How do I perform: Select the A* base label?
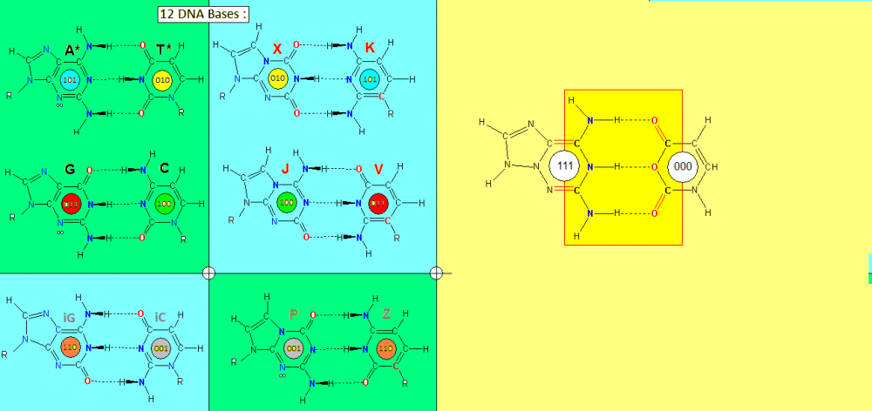[73, 51]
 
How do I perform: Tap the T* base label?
[163, 51]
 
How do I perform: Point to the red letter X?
[277, 49]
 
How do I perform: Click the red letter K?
[370, 49]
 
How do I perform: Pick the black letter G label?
[71, 168]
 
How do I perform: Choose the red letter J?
[285, 169]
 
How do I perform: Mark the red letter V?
[378, 169]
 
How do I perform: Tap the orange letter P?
[294, 314]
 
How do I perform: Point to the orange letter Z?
[385, 314]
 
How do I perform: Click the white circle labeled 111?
[564, 165]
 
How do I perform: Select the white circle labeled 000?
[683, 165]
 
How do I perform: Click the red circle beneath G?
[71, 204]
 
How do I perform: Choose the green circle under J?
[285, 203]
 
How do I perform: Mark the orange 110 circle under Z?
[385, 348]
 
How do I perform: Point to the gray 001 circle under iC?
[161, 348]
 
